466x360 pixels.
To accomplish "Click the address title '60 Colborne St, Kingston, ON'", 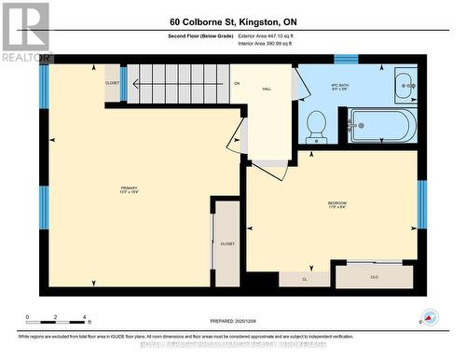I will (x=232, y=21).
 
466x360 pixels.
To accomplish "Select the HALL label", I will (x=266, y=89).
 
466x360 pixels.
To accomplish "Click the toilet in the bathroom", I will (x=317, y=125).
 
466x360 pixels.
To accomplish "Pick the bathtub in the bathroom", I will (x=383, y=125).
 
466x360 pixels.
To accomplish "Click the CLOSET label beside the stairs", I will (x=112, y=83).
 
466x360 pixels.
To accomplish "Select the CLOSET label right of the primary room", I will (x=227, y=243).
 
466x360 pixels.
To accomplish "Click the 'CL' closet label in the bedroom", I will (x=305, y=278).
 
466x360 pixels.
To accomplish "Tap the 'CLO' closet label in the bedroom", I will (x=375, y=277).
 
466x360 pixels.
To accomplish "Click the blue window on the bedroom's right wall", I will (x=422, y=203).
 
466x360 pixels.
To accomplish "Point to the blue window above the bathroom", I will (x=346, y=59).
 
